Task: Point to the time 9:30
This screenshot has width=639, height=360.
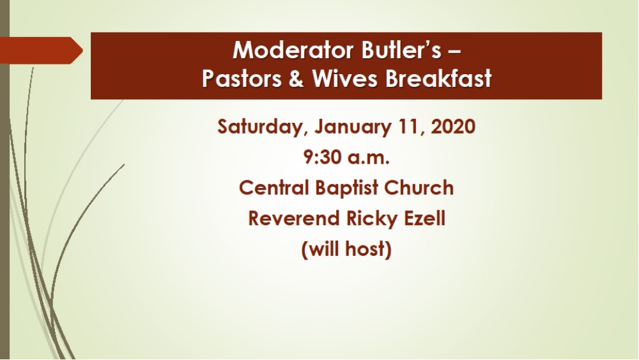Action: point(323,157)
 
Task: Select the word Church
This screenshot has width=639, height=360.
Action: point(422,188)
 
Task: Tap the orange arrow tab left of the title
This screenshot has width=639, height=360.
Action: point(41,51)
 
